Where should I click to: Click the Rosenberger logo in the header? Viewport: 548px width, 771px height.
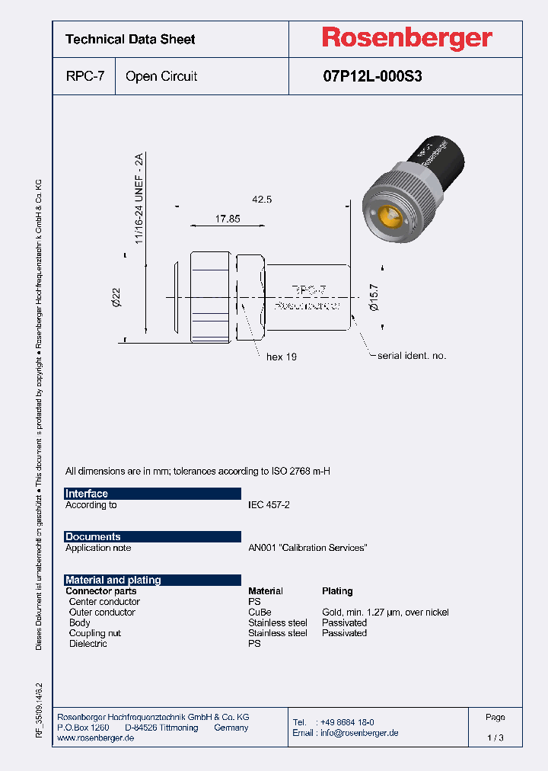click(406, 38)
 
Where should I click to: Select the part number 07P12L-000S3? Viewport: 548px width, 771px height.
click(372, 76)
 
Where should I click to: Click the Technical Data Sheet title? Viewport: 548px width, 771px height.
click(130, 39)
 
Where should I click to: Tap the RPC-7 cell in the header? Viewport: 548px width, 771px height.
click(84, 76)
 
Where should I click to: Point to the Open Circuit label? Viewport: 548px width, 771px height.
click(161, 76)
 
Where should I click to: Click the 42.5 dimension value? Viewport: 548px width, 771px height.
click(262, 199)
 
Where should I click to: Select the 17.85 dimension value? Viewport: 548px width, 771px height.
click(227, 219)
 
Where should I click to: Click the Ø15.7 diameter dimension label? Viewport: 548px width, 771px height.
click(373, 294)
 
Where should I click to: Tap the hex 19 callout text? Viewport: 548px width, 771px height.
click(281, 357)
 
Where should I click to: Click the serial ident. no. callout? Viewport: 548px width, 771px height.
click(412, 356)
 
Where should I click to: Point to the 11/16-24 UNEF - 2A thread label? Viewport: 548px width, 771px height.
click(139, 198)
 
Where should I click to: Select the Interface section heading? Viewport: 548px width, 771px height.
click(87, 494)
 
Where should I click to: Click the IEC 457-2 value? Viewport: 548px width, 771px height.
click(269, 505)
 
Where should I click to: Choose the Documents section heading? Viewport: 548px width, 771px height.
click(93, 537)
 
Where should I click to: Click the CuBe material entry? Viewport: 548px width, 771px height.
click(260, 613)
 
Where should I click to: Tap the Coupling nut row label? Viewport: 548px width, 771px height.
click(94, 633)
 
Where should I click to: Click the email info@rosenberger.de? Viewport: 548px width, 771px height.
click(358, 733)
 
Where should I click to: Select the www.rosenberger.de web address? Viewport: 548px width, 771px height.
click(95, 739)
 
